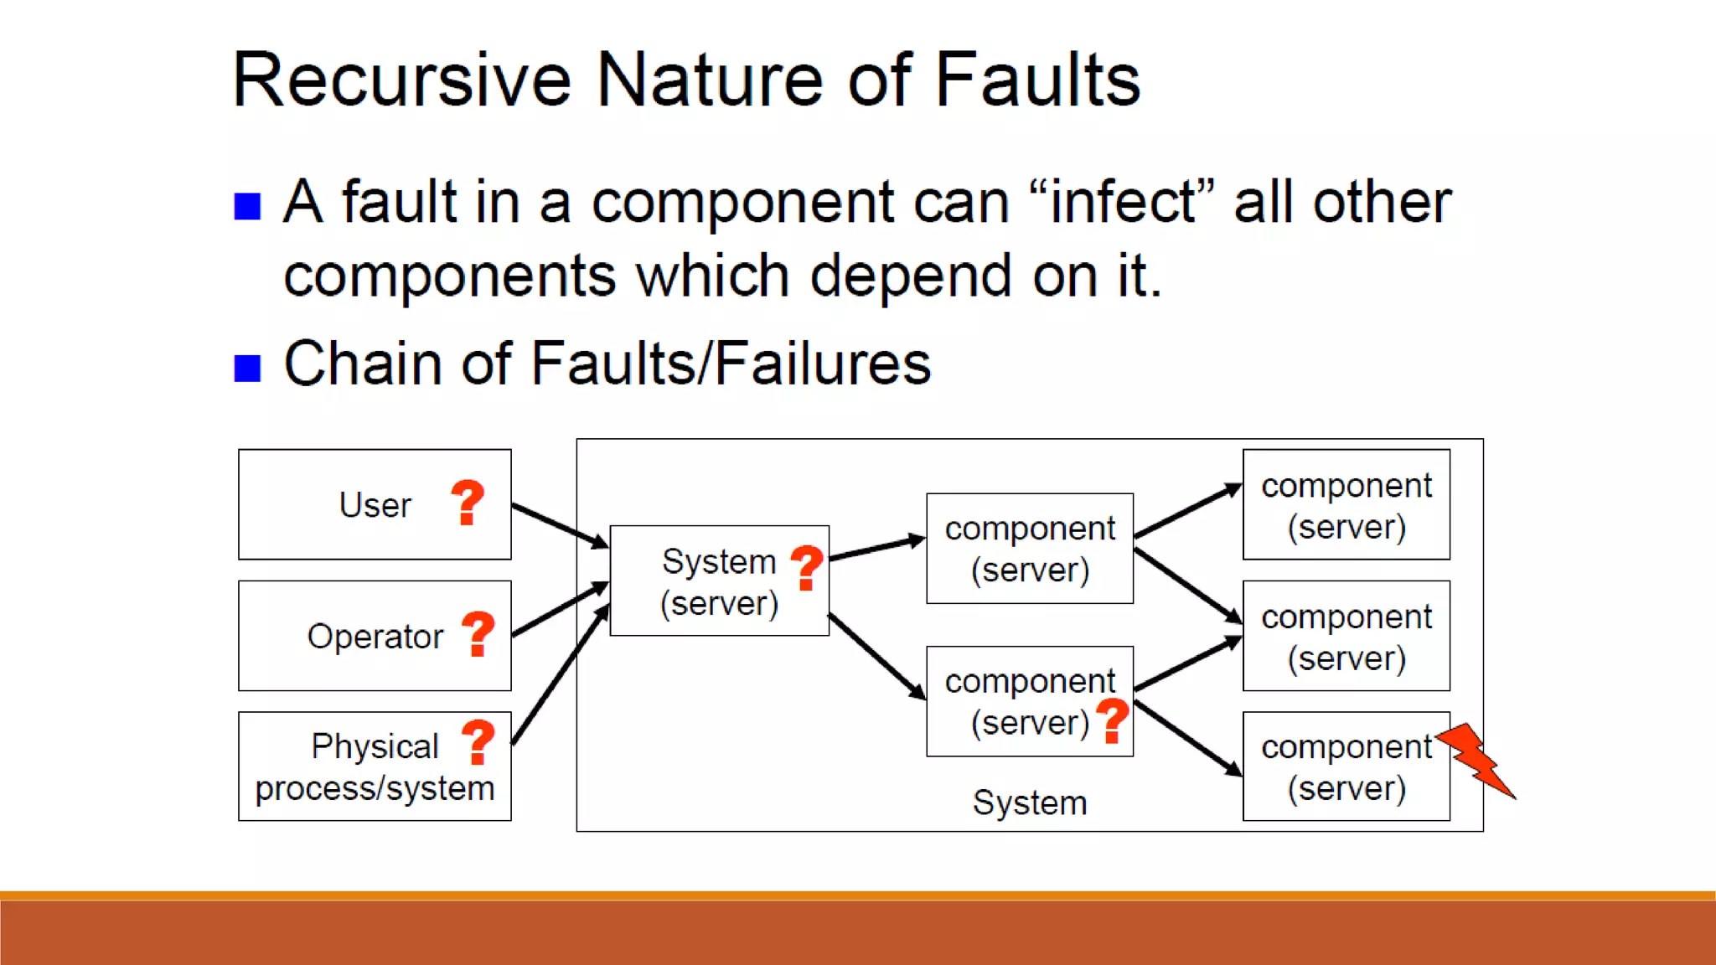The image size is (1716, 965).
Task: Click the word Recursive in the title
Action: pos(401,80)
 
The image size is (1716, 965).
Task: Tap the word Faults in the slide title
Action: pos(1036,80)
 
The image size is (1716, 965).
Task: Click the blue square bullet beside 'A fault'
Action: pos(247,205)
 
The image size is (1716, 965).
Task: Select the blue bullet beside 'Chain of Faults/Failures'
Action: pos(247,367)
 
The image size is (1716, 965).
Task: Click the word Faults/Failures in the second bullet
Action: pos(731,364)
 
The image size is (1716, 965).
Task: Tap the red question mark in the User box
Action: pos(468,503)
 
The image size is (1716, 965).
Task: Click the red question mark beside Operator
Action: pos(478,634)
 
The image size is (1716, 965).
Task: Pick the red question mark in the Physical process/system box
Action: pos(478,742)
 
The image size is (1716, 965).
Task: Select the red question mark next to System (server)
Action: pos(807,567)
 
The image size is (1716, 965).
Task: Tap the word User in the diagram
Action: pos(375,505)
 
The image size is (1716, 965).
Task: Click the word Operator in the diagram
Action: pos(375,637)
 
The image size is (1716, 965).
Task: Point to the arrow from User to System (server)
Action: pos(560,526)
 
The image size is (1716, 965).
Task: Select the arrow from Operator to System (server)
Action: pos(560,610)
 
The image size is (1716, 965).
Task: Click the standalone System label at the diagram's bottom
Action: pos(1029,802)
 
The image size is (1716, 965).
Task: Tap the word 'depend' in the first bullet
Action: pos(911,276)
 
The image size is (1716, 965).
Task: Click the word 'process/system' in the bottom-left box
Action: pos(375,788)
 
